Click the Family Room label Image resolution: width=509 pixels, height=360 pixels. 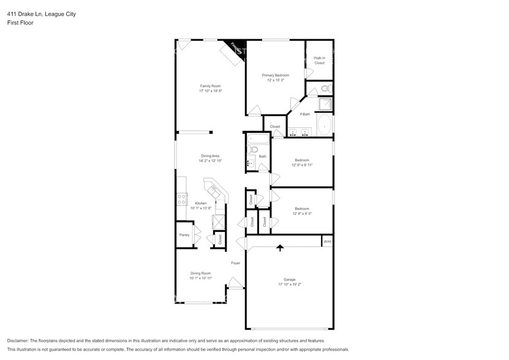click(x=210, y=86)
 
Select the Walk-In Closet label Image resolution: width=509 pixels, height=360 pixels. click(x=319, y=61)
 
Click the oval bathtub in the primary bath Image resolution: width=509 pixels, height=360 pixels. click(x=325, y=126)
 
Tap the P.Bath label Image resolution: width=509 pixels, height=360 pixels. click(x=304, y=114)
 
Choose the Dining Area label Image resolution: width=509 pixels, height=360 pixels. click(x=210, y=156)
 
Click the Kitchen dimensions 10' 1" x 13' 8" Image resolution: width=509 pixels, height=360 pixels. click(x=201, y=208)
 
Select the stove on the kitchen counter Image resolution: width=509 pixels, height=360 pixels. click(x=182, y=198)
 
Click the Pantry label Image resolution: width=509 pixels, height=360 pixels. click(x=184, y=234)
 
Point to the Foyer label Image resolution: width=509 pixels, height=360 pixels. click(x=235, y=263)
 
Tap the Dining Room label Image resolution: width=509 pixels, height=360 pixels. click(x=200, y=273)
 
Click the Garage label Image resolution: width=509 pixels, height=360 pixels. click(x=289, y=279)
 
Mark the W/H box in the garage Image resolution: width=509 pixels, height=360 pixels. click(x=327, y=241)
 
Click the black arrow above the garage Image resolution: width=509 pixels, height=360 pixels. click(x=281, y=248)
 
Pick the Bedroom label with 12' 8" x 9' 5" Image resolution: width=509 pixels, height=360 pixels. click(x=302, y=208)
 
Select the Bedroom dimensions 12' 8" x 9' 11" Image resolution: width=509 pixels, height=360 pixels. click(x=302, y=165)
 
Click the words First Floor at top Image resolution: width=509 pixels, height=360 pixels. click(x=21, y=23)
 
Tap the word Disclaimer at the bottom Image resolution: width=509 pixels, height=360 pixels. click(x=20, y=340)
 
